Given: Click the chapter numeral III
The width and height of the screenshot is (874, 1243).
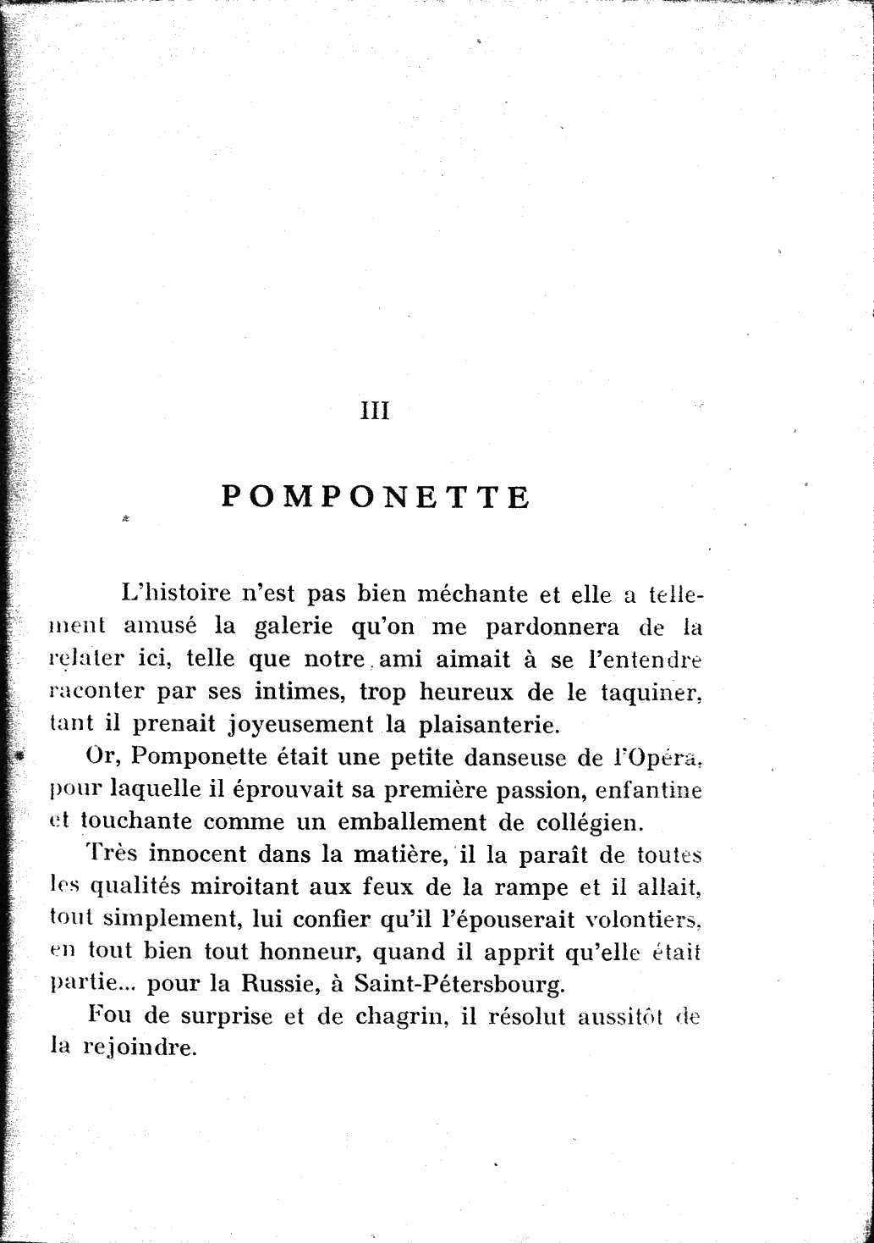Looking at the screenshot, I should pos(375,412).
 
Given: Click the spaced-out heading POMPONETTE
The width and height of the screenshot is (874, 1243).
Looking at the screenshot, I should pos(376,496).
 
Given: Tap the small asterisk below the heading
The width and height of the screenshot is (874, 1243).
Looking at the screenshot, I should pos(124,518).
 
